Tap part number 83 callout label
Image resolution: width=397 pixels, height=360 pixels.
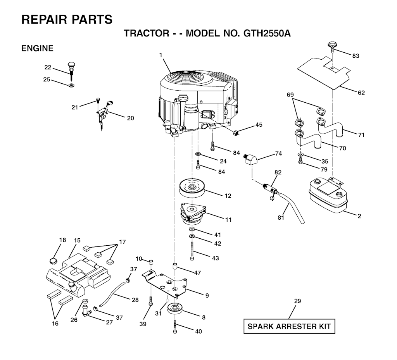tap(356, 56)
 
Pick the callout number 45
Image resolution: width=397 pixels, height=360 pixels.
tap(259, 125)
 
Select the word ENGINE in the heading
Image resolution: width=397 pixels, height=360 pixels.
tap(37, 48)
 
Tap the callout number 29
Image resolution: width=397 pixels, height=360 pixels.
tap(297, 301)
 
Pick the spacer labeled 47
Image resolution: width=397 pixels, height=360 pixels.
tap(175, 267)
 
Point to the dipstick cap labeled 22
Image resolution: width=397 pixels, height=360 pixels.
tap(71, 66)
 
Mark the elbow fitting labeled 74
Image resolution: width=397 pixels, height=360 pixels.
tap(252, 158)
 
